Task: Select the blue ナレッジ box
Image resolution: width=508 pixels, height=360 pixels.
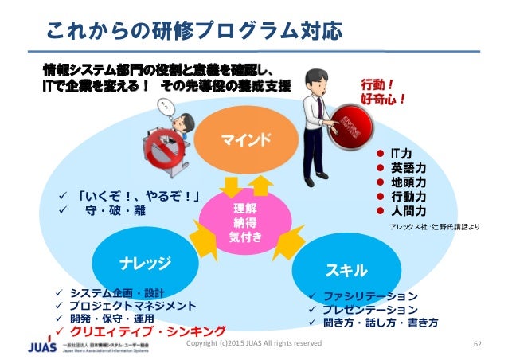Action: point(144,260)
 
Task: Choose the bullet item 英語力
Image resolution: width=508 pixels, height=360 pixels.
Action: point(408,167)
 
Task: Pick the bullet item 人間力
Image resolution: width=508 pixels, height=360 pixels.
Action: point(408,210)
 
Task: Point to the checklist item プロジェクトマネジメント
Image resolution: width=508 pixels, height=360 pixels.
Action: point(132,305)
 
